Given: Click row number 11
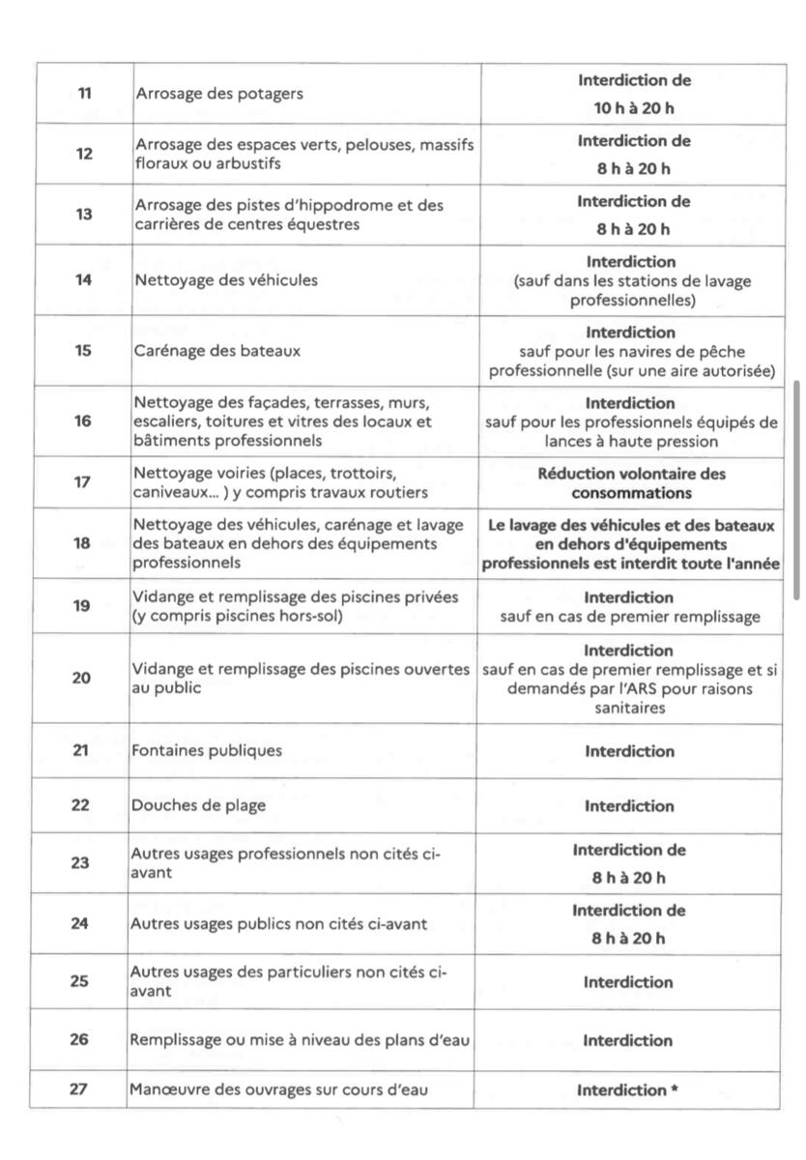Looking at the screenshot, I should tap(84, 94).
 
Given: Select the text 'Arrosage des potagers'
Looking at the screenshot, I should tap(218, 94).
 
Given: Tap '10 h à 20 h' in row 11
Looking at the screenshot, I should tap(634, 108).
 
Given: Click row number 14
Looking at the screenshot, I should tap(84, 280).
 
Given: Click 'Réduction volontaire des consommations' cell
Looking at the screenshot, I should tap(632, 483).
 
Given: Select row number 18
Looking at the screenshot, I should tap(83, 543).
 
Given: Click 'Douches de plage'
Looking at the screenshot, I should tap(198, 805).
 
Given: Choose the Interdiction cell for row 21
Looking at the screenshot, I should tap(629, 751).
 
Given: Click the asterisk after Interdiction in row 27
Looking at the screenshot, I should tap(675, 1090).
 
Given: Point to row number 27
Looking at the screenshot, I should tap(79, 1088).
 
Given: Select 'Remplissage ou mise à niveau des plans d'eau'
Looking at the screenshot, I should tap(300, 1040).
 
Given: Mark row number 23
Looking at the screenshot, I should tap(79, 862).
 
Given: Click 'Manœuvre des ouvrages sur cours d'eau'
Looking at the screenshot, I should tap(279, 1090).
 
